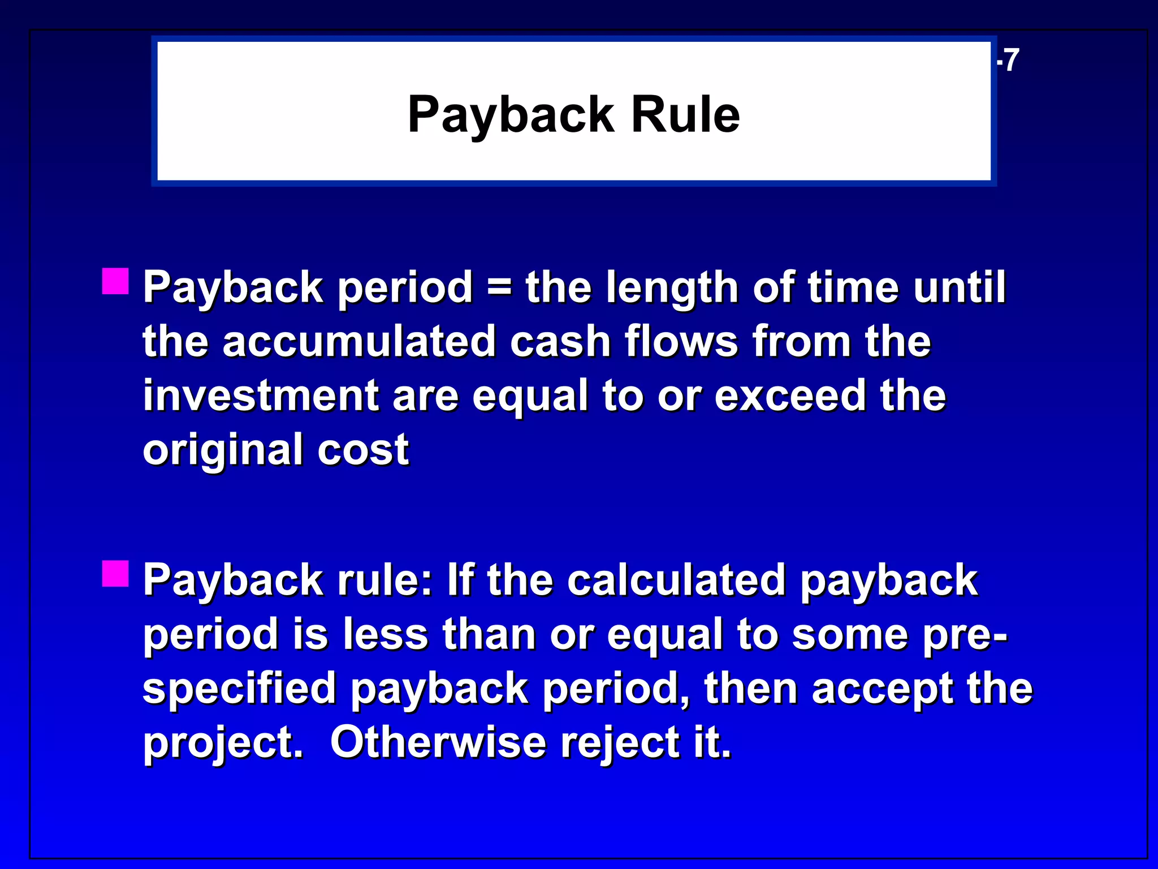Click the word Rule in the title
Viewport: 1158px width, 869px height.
[x=685, y=114]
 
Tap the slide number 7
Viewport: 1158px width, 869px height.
[x=1010, y=60]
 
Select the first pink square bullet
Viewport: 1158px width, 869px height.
[x=115, y=281]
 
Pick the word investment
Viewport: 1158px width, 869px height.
[x=260, y=395]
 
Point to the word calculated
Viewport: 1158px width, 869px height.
[x=676, y=580]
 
